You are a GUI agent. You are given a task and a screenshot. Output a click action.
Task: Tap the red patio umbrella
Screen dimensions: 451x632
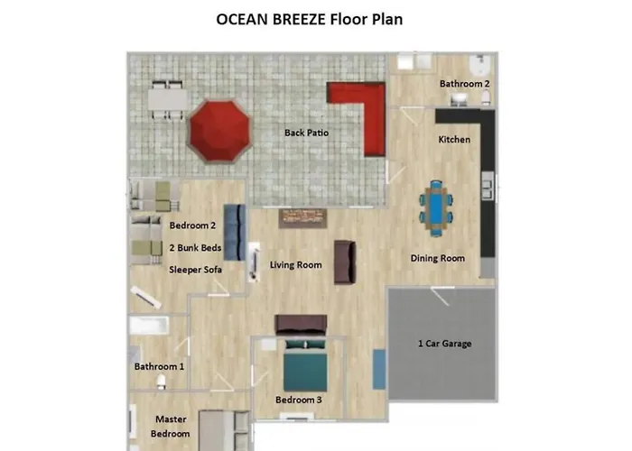pos(218,130)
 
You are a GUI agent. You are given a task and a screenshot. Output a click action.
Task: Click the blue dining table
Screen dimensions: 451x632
pos(436,208)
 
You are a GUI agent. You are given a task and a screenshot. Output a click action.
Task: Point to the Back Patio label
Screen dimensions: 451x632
pos(306,133)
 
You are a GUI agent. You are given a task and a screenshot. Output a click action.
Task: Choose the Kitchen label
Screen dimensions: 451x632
pos(454,140)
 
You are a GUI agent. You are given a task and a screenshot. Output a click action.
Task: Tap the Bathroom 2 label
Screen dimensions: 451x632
pos(465,84)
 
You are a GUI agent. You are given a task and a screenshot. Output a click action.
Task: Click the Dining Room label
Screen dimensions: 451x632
pos(438,259)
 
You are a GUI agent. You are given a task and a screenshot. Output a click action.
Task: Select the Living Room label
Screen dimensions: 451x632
pos(296,265)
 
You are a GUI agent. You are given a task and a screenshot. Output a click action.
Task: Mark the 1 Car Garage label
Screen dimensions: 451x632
pos(444,344)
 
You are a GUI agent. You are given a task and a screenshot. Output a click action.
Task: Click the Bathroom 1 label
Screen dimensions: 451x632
pos(159,367)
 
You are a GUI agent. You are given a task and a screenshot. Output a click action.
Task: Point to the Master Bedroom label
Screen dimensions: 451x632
pos(171,426)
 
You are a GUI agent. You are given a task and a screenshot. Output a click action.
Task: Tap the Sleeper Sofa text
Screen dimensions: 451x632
pos(196,269)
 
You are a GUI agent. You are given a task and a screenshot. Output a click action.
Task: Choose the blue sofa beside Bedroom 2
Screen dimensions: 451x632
pos(234,232)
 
